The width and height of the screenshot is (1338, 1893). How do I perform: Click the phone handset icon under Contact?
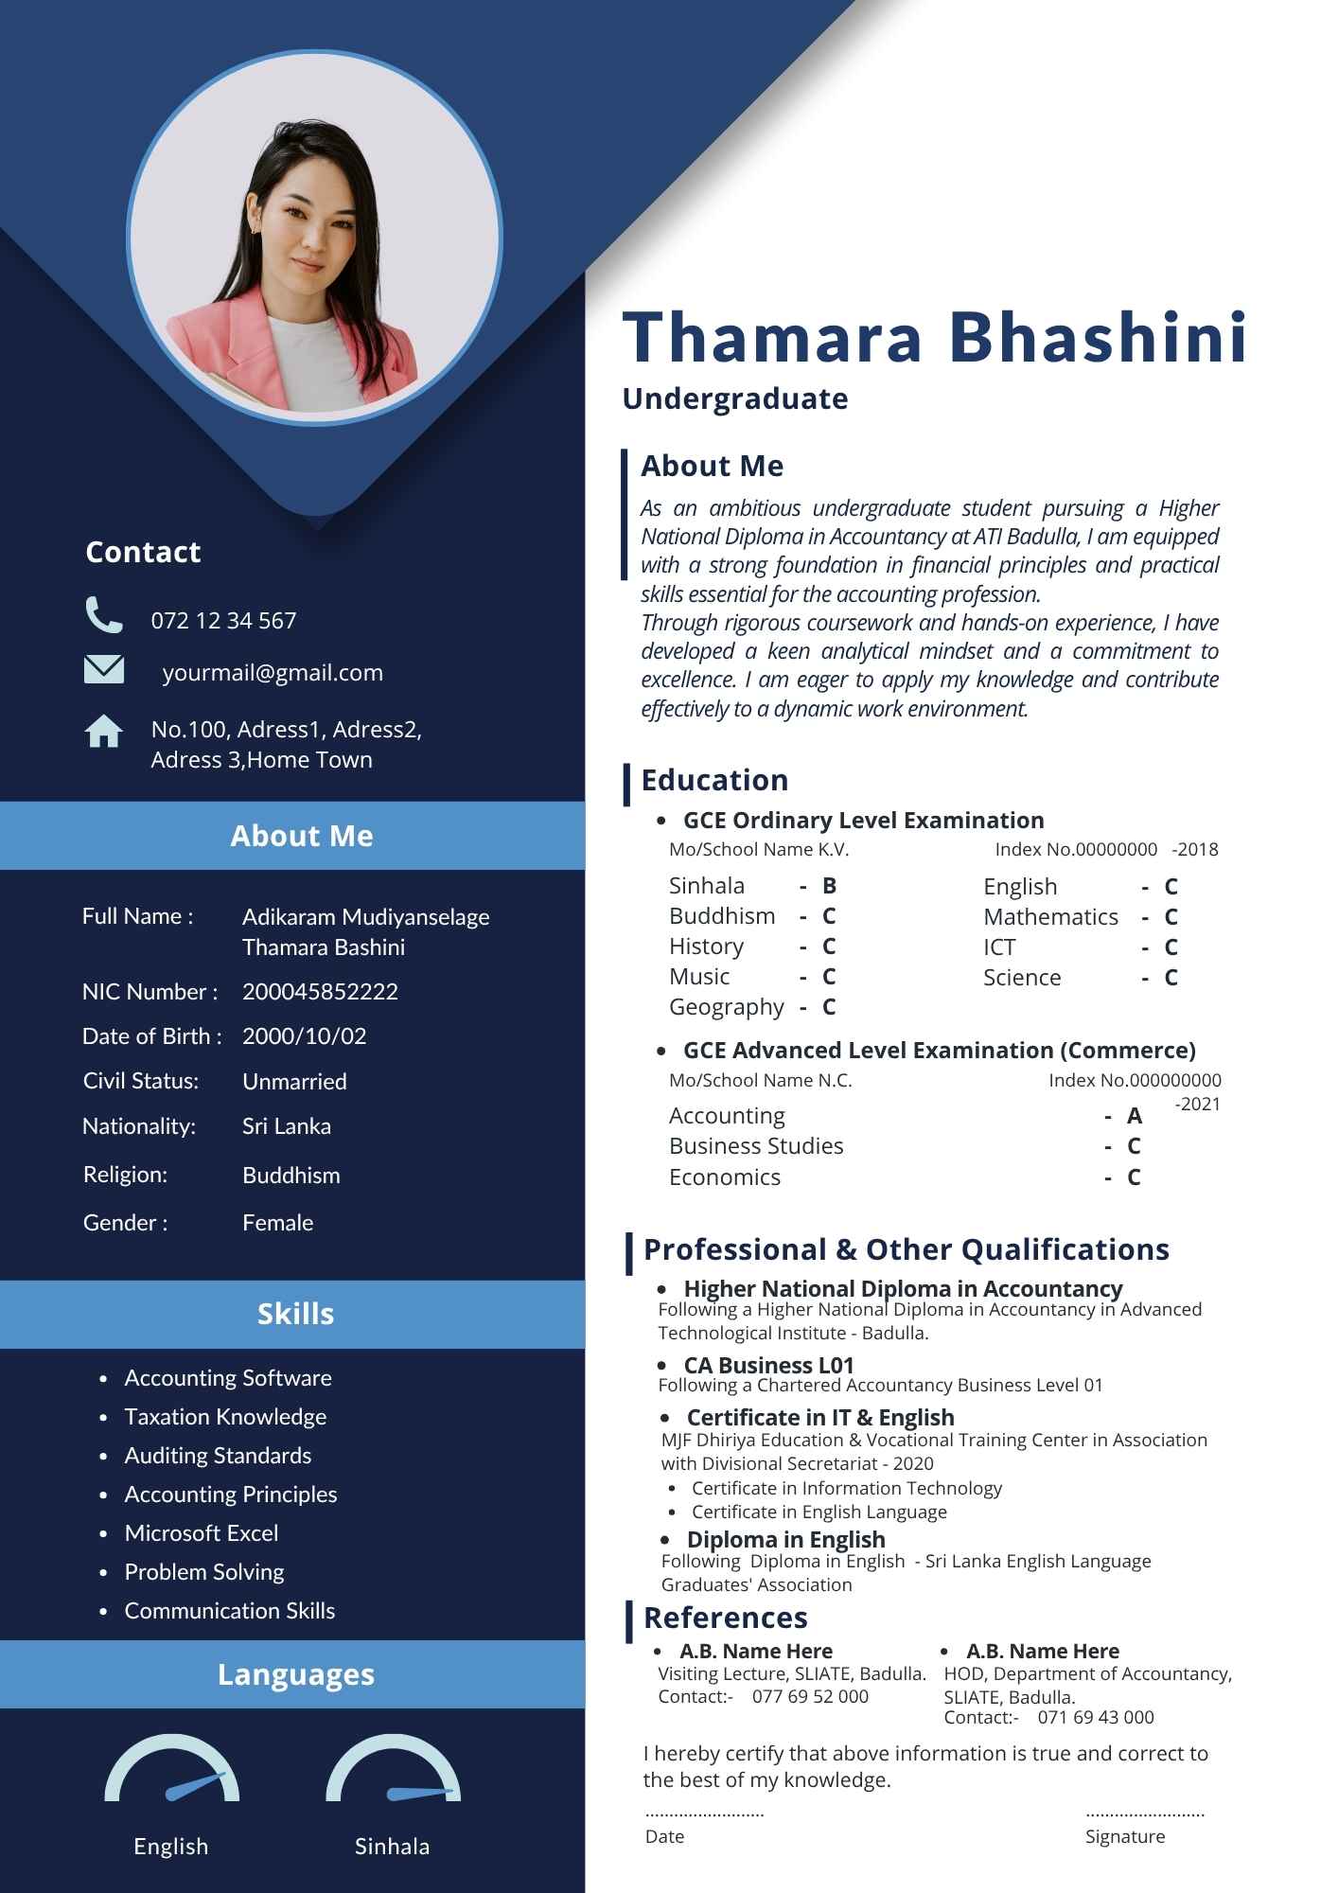tap(103, 614)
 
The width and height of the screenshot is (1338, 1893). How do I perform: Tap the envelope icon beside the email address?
tap(103, 669)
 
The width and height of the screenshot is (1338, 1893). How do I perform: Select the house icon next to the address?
tap(103, 731)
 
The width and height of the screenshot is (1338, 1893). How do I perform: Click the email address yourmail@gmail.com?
tap(273, 672)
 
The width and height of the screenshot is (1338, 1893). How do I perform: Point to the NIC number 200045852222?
tap(320, 991)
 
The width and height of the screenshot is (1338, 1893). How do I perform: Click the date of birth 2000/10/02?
tap(304, 1035)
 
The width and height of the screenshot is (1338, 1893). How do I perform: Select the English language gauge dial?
tap(172, 1771)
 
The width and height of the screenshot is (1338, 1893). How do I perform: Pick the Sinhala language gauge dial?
tap(393, 1771)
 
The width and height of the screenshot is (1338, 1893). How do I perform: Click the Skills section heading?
tap(295, 1314)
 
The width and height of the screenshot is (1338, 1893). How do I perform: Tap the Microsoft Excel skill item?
tap(202, 1532)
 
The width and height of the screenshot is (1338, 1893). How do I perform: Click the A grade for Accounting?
tap(1135, 1116)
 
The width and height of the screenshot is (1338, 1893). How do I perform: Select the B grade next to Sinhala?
tap(829, 886)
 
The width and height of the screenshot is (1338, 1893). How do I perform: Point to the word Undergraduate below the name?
tap(734, 398)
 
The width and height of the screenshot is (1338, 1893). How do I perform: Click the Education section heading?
tap(714, 780)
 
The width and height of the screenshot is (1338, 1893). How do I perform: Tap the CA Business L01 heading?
tap(768, 1365)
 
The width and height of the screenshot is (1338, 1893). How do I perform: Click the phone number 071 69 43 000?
tap(1096, 1717)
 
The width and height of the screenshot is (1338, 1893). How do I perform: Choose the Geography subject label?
tap(726, 1007)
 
